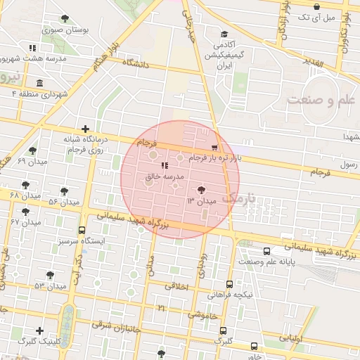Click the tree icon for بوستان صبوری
[x=65, y=18]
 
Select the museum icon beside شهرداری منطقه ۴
[x=39, y=83]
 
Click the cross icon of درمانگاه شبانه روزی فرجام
[x=85, y=129]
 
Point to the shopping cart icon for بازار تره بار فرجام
[x=214, y=148]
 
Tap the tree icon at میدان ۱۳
[x=202, y=190]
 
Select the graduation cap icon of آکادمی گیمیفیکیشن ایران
[x=224, y=34]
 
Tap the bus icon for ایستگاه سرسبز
[x=82, y=230]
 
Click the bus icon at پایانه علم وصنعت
[x=266, y=251]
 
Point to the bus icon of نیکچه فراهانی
[x=230, y=284]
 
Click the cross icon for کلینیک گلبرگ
[x=40, y=330]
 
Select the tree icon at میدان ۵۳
[x=49, y=275]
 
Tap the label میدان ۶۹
[x=32, y=162]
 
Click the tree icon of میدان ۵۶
[x=64, y=191]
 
